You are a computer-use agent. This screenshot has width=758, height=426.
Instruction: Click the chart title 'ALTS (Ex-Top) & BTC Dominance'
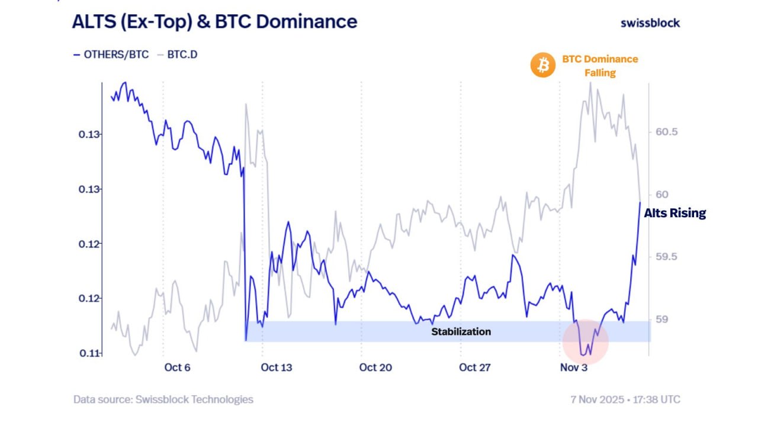(214, 22)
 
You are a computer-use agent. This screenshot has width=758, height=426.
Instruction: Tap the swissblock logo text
(650, 23)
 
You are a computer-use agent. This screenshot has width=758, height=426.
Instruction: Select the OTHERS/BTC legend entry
(111, 55)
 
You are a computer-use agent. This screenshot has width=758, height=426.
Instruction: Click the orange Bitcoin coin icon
(542, 65)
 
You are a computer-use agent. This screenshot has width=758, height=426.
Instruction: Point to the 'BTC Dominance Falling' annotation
(600, 66)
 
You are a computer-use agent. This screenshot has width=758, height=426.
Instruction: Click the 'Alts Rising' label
(675, 213)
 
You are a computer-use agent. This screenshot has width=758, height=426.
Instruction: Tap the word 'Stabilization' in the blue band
(461, 331)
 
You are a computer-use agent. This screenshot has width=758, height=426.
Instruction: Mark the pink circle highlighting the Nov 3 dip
(585, 341)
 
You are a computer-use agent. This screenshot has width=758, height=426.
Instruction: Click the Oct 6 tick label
(177, 367)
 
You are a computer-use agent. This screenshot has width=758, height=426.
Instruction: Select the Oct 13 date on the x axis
(277, 367)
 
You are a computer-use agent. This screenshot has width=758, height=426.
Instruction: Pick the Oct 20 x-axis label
(375, 367)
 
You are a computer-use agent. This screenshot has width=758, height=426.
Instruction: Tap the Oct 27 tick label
(475, 367)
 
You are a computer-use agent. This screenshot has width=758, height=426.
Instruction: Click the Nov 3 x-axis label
(574, 367)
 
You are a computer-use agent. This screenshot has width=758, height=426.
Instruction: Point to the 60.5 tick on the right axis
(666, 131)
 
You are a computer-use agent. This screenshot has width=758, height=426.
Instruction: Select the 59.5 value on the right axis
(666, 257)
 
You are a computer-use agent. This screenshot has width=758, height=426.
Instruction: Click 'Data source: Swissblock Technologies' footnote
(163, 399)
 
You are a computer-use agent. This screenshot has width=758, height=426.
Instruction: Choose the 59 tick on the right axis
(661, 319)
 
